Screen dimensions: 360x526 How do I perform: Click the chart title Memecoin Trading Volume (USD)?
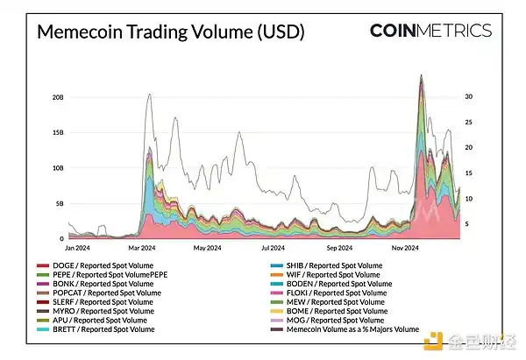[170, 32]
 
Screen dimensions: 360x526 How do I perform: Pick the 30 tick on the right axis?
[469, 96]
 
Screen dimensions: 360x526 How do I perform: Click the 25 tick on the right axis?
[469, 122]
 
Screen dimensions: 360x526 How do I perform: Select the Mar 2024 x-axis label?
[144, 248]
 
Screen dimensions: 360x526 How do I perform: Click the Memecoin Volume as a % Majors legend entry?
[347, 329]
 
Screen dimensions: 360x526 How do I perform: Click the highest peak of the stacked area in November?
[423, 76]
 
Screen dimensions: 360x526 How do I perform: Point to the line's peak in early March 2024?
[150, 94]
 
